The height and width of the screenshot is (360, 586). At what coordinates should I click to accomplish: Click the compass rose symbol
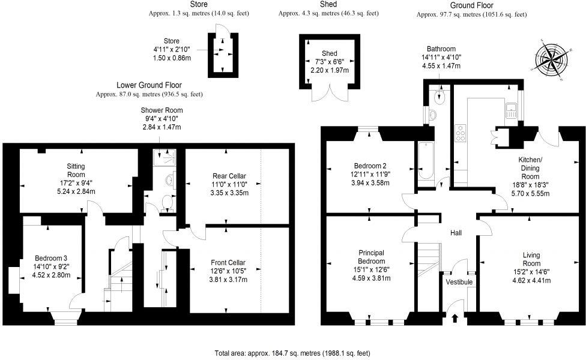tap(550, 59)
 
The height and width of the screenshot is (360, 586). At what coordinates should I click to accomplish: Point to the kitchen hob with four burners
tap(462, 133)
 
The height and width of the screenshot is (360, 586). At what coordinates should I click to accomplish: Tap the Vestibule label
tap(459, 282)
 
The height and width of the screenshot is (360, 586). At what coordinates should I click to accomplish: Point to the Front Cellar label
tap(228, 262)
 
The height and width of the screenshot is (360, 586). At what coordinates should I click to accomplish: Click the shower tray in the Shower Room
tap(165, 157)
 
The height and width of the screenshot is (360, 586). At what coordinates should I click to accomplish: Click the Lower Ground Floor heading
tap(149, 85)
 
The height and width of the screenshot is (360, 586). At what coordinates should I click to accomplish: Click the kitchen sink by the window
tap(512, 110)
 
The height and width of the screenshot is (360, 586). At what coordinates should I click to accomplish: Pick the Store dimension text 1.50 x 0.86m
tap(172, 58)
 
